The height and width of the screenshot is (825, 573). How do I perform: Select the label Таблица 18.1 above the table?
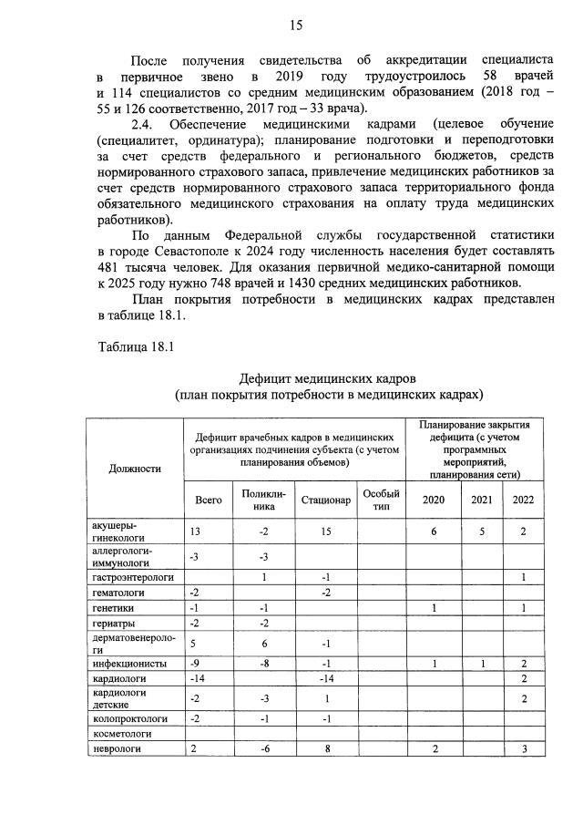(x=134, y=346)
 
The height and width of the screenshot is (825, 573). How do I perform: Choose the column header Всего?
(x=209, y=500)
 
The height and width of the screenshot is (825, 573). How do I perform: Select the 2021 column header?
(x=480, y=500)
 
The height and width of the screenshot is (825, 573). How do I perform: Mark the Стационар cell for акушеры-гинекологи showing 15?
(x=325, y=531)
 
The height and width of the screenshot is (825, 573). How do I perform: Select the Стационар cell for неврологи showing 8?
(x=325, y=748)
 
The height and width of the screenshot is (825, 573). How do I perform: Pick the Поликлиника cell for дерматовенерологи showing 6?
(x=263, y=643)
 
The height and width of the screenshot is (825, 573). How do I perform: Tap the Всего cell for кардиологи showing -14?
(x=198, y=678)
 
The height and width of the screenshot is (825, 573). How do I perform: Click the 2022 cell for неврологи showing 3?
(x=524, y=748)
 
